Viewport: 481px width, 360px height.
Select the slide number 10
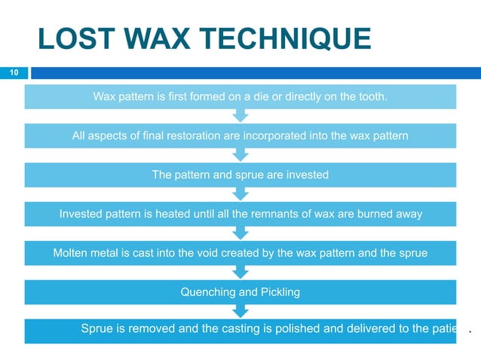tap(13, 73)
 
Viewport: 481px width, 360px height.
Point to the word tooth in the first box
tap(372, 96)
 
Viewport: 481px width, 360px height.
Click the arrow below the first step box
tap(240, 115)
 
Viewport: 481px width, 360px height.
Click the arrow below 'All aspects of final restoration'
tap(240, 154)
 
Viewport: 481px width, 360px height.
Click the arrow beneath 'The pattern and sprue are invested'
tap(240, 194)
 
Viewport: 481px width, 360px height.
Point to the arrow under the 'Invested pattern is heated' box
tap(240, 233)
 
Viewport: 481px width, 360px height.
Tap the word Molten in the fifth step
tap(71, 253)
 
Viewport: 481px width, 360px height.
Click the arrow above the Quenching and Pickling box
tap(240, 272)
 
